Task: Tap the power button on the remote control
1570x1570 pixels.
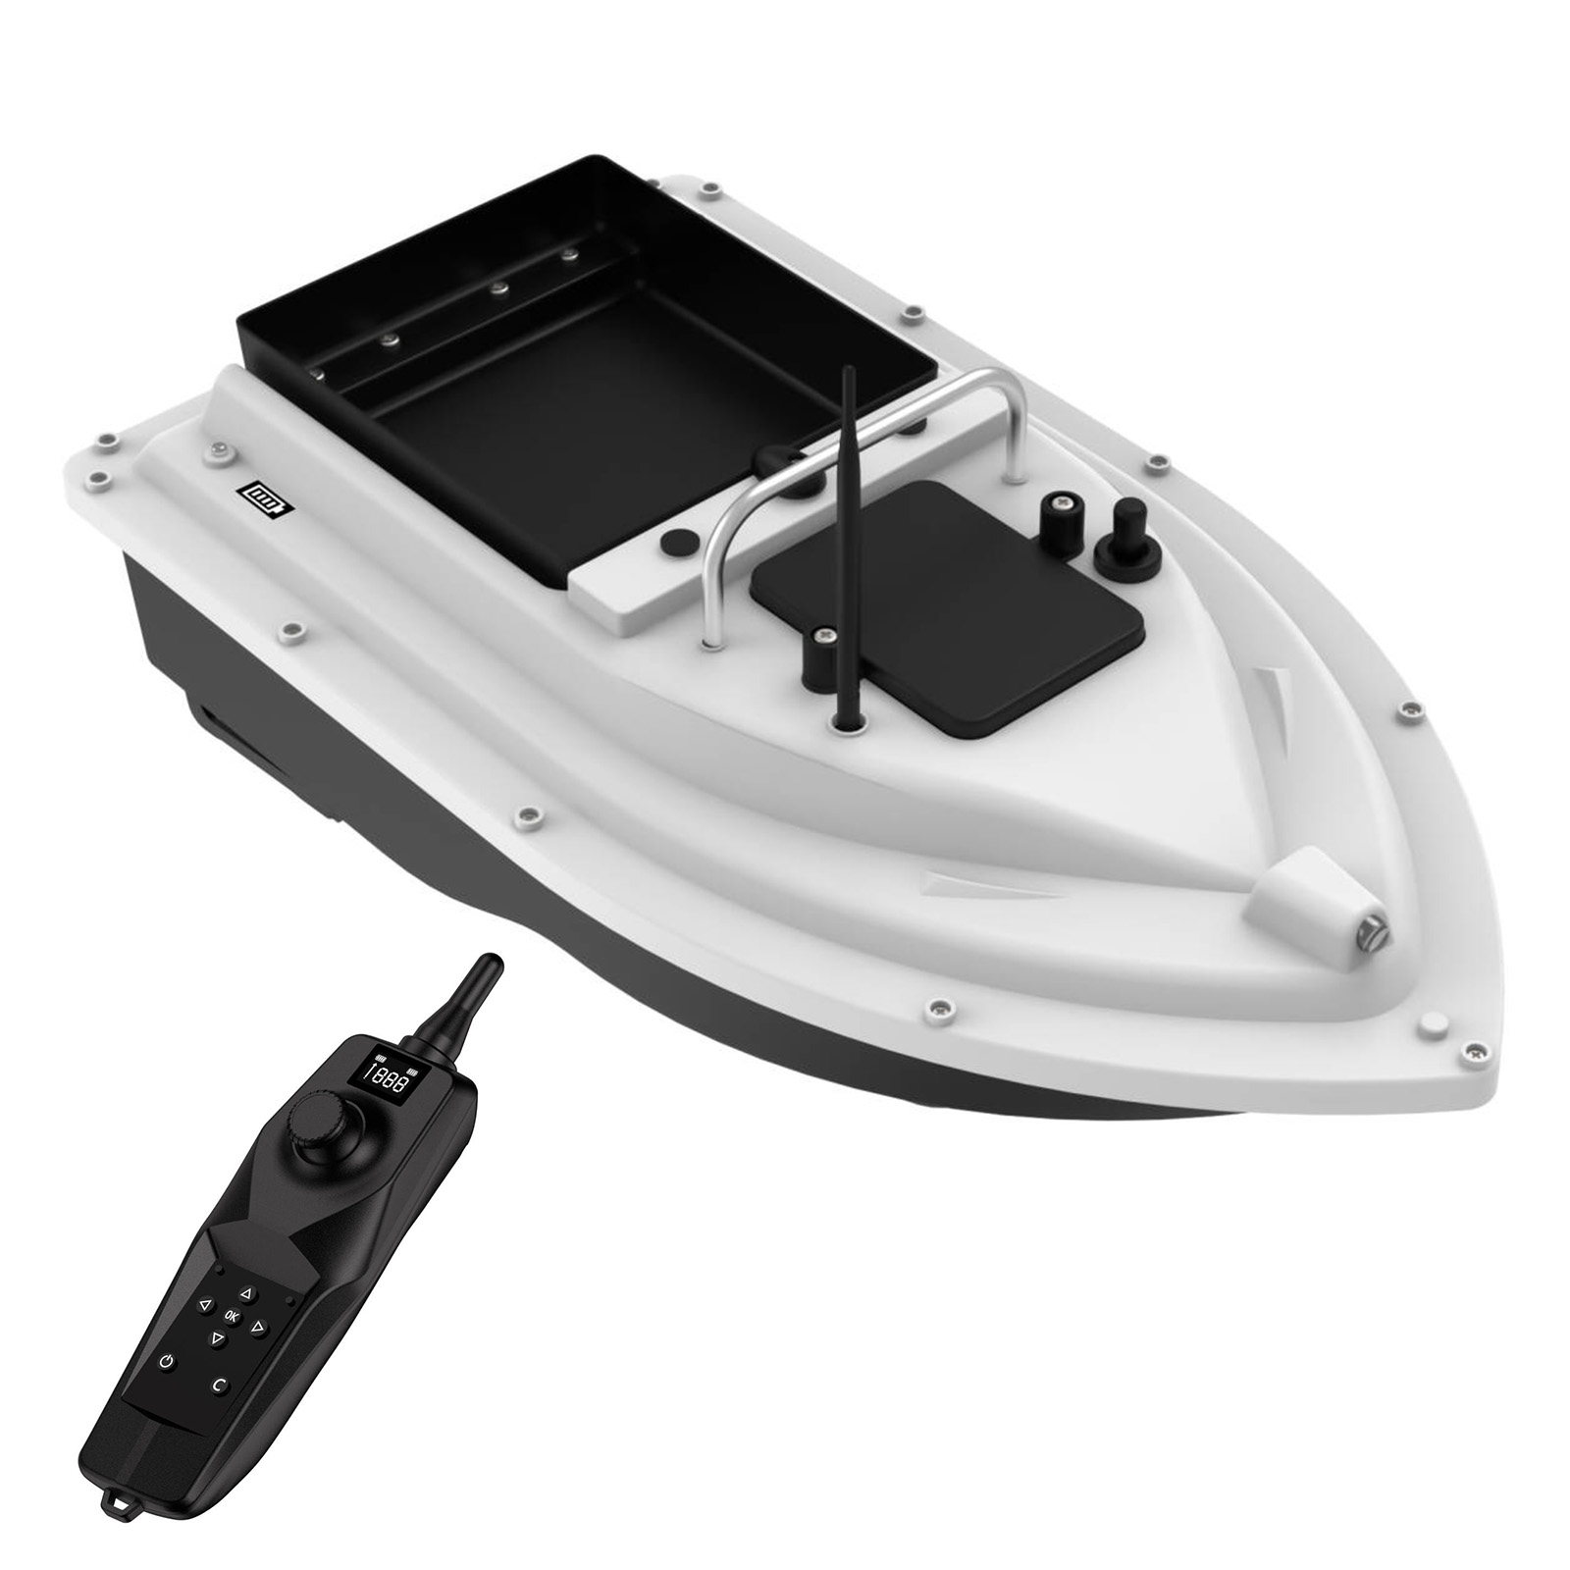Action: pyautogui.click(x=168, y=1361)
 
